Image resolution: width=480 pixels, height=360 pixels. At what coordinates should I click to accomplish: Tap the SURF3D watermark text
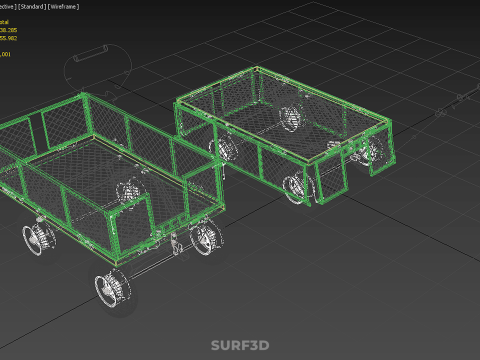coord(239,346)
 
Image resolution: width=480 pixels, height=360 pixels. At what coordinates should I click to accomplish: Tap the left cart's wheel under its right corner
coord(204,238)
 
